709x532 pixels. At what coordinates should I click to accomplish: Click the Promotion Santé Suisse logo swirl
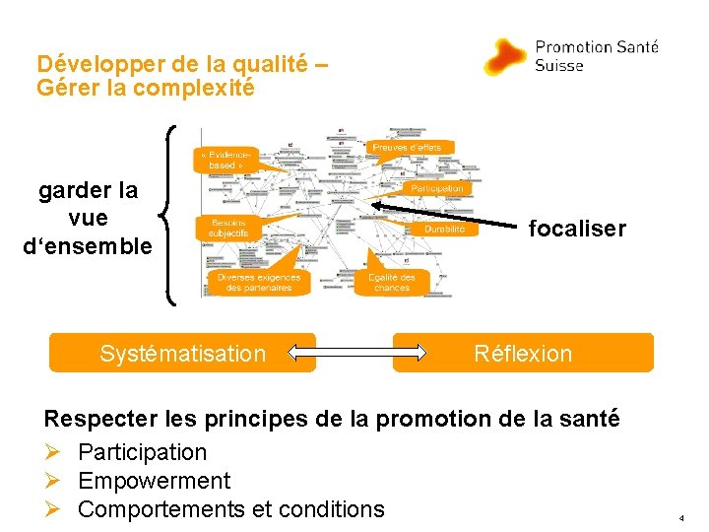tap(508, 57)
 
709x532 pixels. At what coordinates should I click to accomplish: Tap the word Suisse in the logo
tap(558, 66)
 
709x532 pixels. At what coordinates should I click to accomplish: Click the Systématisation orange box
tap(182, 353)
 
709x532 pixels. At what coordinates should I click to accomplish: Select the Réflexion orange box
tap(523, 353)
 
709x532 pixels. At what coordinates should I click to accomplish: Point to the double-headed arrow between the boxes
tap(354, 353)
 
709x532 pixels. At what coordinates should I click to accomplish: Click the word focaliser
tap(577, 229)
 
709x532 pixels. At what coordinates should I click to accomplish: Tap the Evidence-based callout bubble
tap(228, 160)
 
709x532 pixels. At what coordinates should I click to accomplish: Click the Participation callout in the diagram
tap(435, 188)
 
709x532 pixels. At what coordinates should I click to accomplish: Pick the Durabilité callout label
tap(445, 229)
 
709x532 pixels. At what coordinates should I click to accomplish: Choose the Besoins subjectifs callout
tap(228, 228)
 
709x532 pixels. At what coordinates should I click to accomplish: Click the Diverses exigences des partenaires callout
tap(259, 283)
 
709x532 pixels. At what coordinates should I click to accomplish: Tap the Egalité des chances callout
tap(391, 283)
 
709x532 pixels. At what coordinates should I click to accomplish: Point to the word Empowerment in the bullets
tap(154, 481)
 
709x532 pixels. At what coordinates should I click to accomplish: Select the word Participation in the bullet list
tap(143, 452)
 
